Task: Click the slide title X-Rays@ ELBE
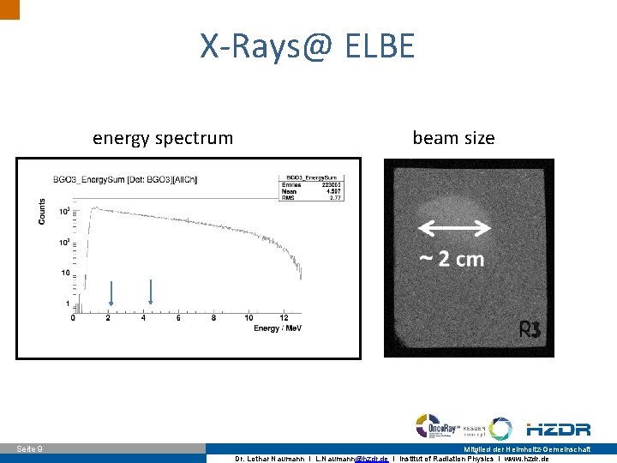[x=307, y=45]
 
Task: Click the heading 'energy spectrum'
[x=163, y=138]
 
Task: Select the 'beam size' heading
[x=453, y=138]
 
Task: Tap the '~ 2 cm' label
[x=452, y=259]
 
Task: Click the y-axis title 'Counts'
[x=42, y=213]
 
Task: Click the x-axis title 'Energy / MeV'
[x=278, y=328]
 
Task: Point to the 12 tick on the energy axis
[x=284, y=318]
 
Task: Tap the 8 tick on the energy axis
[x=213, y=318]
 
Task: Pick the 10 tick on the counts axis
[x=64, y=273]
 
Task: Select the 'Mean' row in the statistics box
[x=307, y=190]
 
